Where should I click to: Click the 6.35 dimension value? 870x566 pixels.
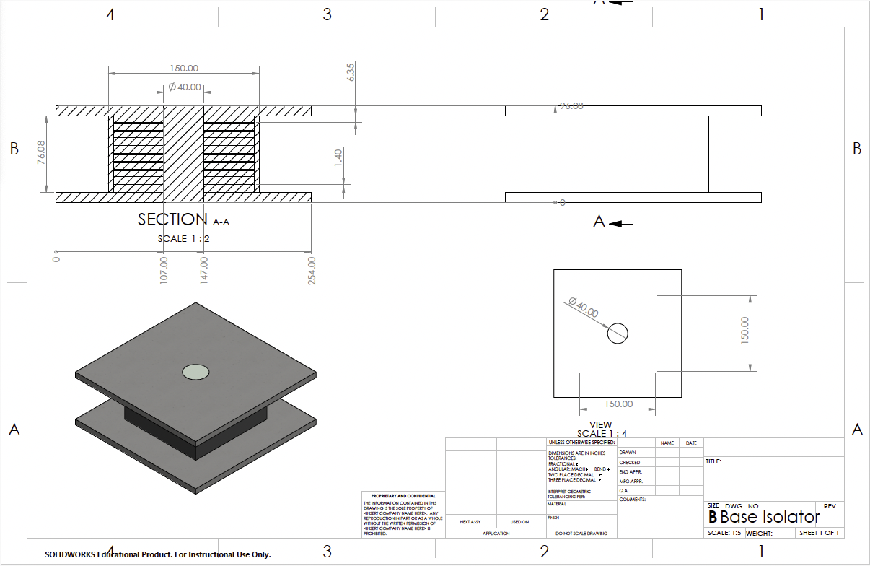tap(351, 72)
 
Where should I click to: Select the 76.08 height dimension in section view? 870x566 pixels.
tap(41, 153)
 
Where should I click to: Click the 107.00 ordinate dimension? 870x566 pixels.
tap(163, 269)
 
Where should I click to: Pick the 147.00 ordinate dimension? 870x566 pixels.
tap(204, 269)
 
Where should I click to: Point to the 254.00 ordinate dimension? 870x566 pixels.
tap(312, 271)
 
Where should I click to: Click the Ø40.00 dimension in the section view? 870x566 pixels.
tap(184, 87)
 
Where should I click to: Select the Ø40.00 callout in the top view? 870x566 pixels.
tap(583, 308)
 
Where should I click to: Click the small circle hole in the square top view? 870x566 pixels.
tap(618, 334)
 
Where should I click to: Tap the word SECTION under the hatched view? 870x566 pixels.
tap(172, 219)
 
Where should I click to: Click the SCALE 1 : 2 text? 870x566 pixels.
tap(184, 238)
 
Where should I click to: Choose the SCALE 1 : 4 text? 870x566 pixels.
tap(602, 434)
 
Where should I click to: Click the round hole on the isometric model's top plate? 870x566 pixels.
tap(195, 372)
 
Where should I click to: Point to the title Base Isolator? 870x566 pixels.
tap(770, 517)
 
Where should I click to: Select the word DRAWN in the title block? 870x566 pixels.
tap(628, 453)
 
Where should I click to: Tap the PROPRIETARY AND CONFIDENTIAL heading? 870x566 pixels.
tap(403, 496)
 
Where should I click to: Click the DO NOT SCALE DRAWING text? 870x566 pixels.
tap(581, 534)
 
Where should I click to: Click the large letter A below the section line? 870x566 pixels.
tap(599, 222)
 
